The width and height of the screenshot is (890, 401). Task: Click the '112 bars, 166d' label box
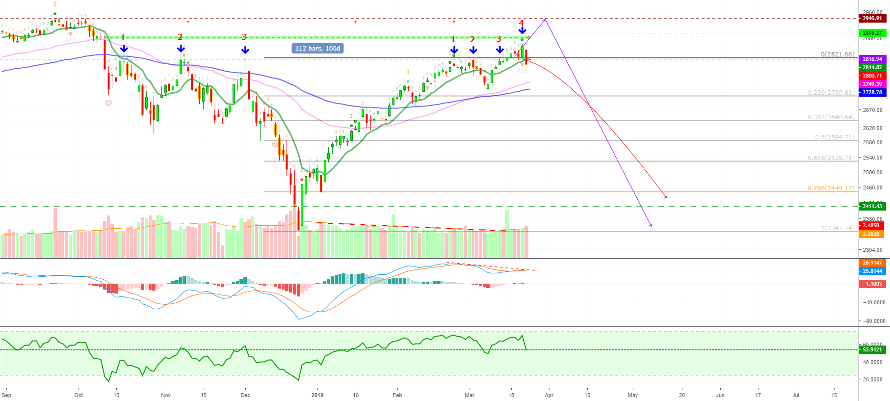point(317,48)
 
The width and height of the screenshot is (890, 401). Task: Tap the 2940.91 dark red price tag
point(872,18)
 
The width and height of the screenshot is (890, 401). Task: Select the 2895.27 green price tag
point(872,33)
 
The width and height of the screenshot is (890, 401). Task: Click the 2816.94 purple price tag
point(872,59)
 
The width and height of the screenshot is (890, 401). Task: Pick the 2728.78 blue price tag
point(872,92)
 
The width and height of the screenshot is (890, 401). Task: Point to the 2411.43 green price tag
point(872,206)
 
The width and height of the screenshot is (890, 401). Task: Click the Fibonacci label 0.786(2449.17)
point(831,188)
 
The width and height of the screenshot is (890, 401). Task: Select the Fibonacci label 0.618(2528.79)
point(831,158)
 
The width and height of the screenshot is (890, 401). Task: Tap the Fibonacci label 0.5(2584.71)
point(834,137)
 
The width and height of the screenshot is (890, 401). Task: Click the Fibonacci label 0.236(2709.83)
point(831,92)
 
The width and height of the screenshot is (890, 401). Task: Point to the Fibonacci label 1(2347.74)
point(838,228)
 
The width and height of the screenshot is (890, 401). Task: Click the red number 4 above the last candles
point(522,23)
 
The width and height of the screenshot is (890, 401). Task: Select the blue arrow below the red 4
point(522,31)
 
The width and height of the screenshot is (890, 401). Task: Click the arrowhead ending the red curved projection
point(666,197)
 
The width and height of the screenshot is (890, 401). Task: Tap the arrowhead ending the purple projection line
point(651,226)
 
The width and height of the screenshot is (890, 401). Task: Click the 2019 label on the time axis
point(317,395)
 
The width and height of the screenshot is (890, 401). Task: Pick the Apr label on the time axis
point(549,395)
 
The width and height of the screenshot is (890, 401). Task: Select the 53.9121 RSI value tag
point(872,349)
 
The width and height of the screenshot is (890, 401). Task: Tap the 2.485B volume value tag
point(871,225)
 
